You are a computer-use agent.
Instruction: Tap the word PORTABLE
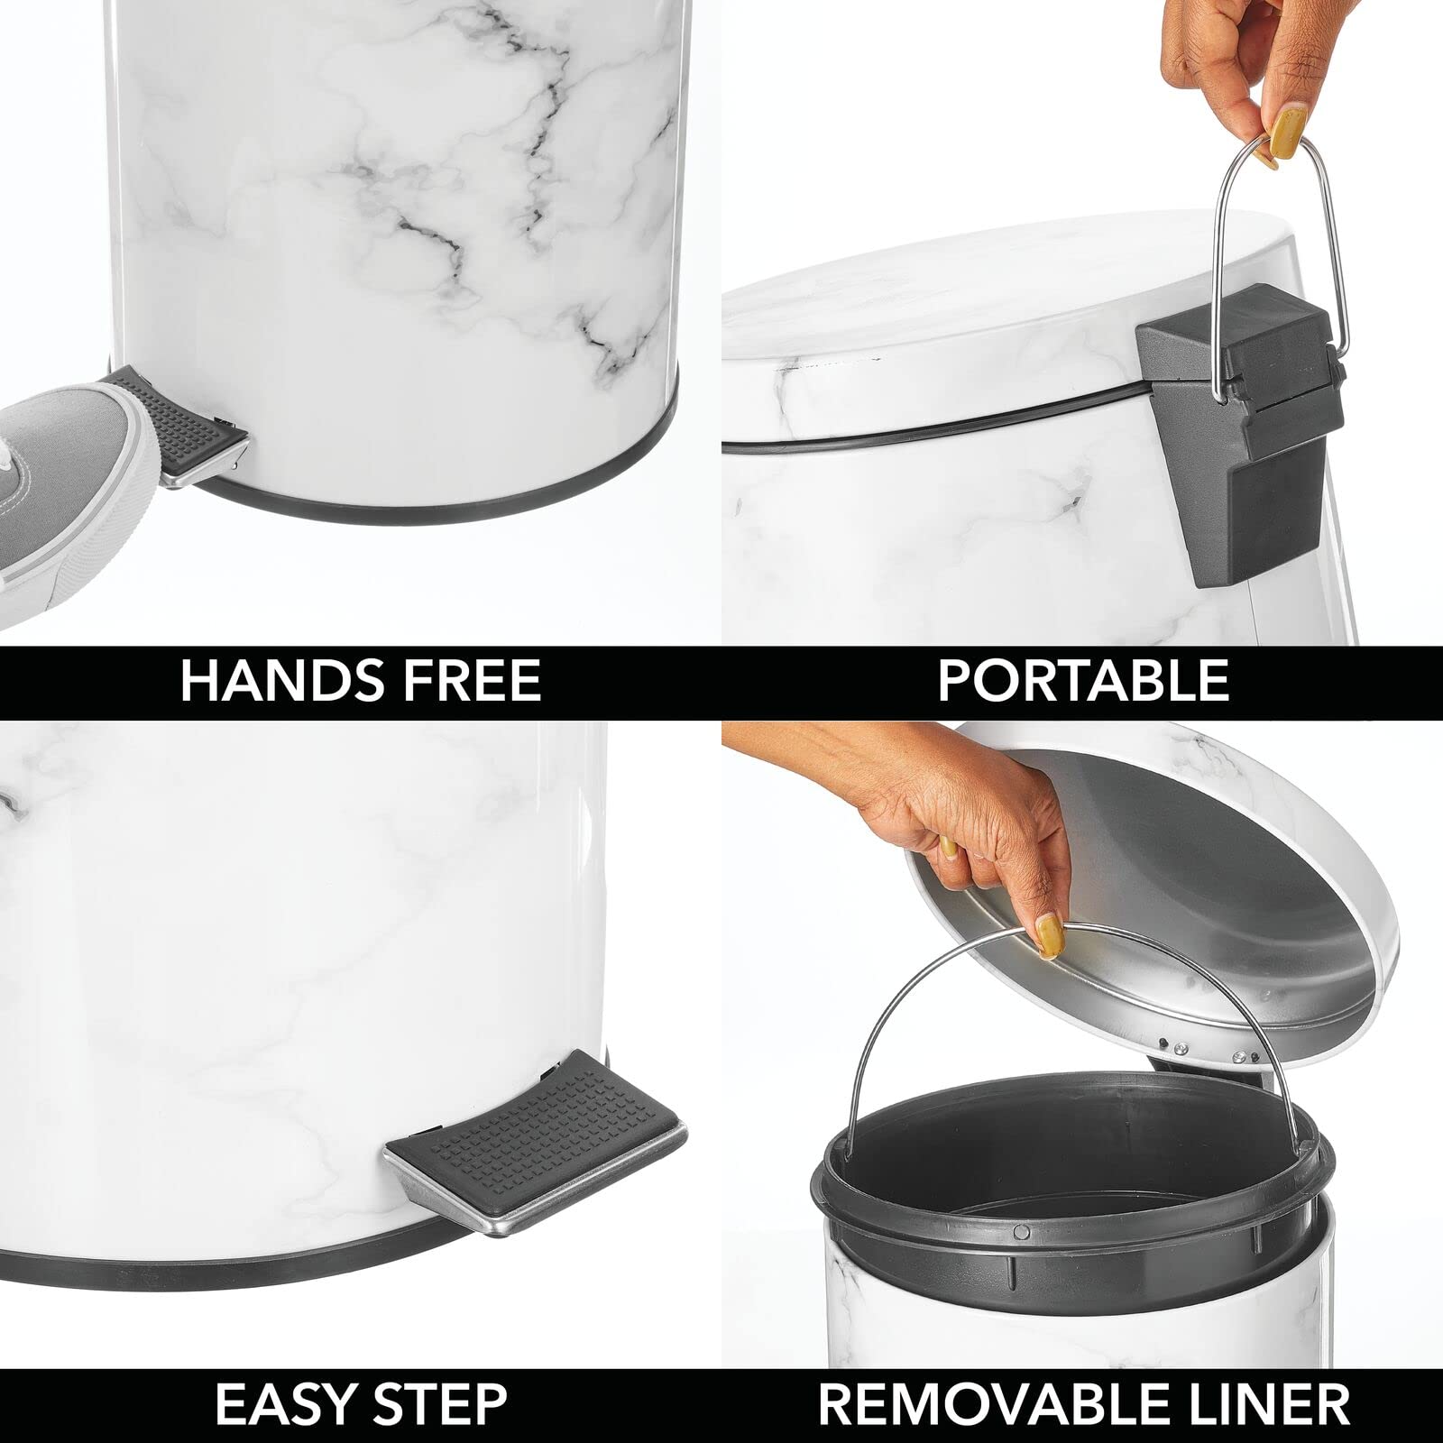click(1082, 681)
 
